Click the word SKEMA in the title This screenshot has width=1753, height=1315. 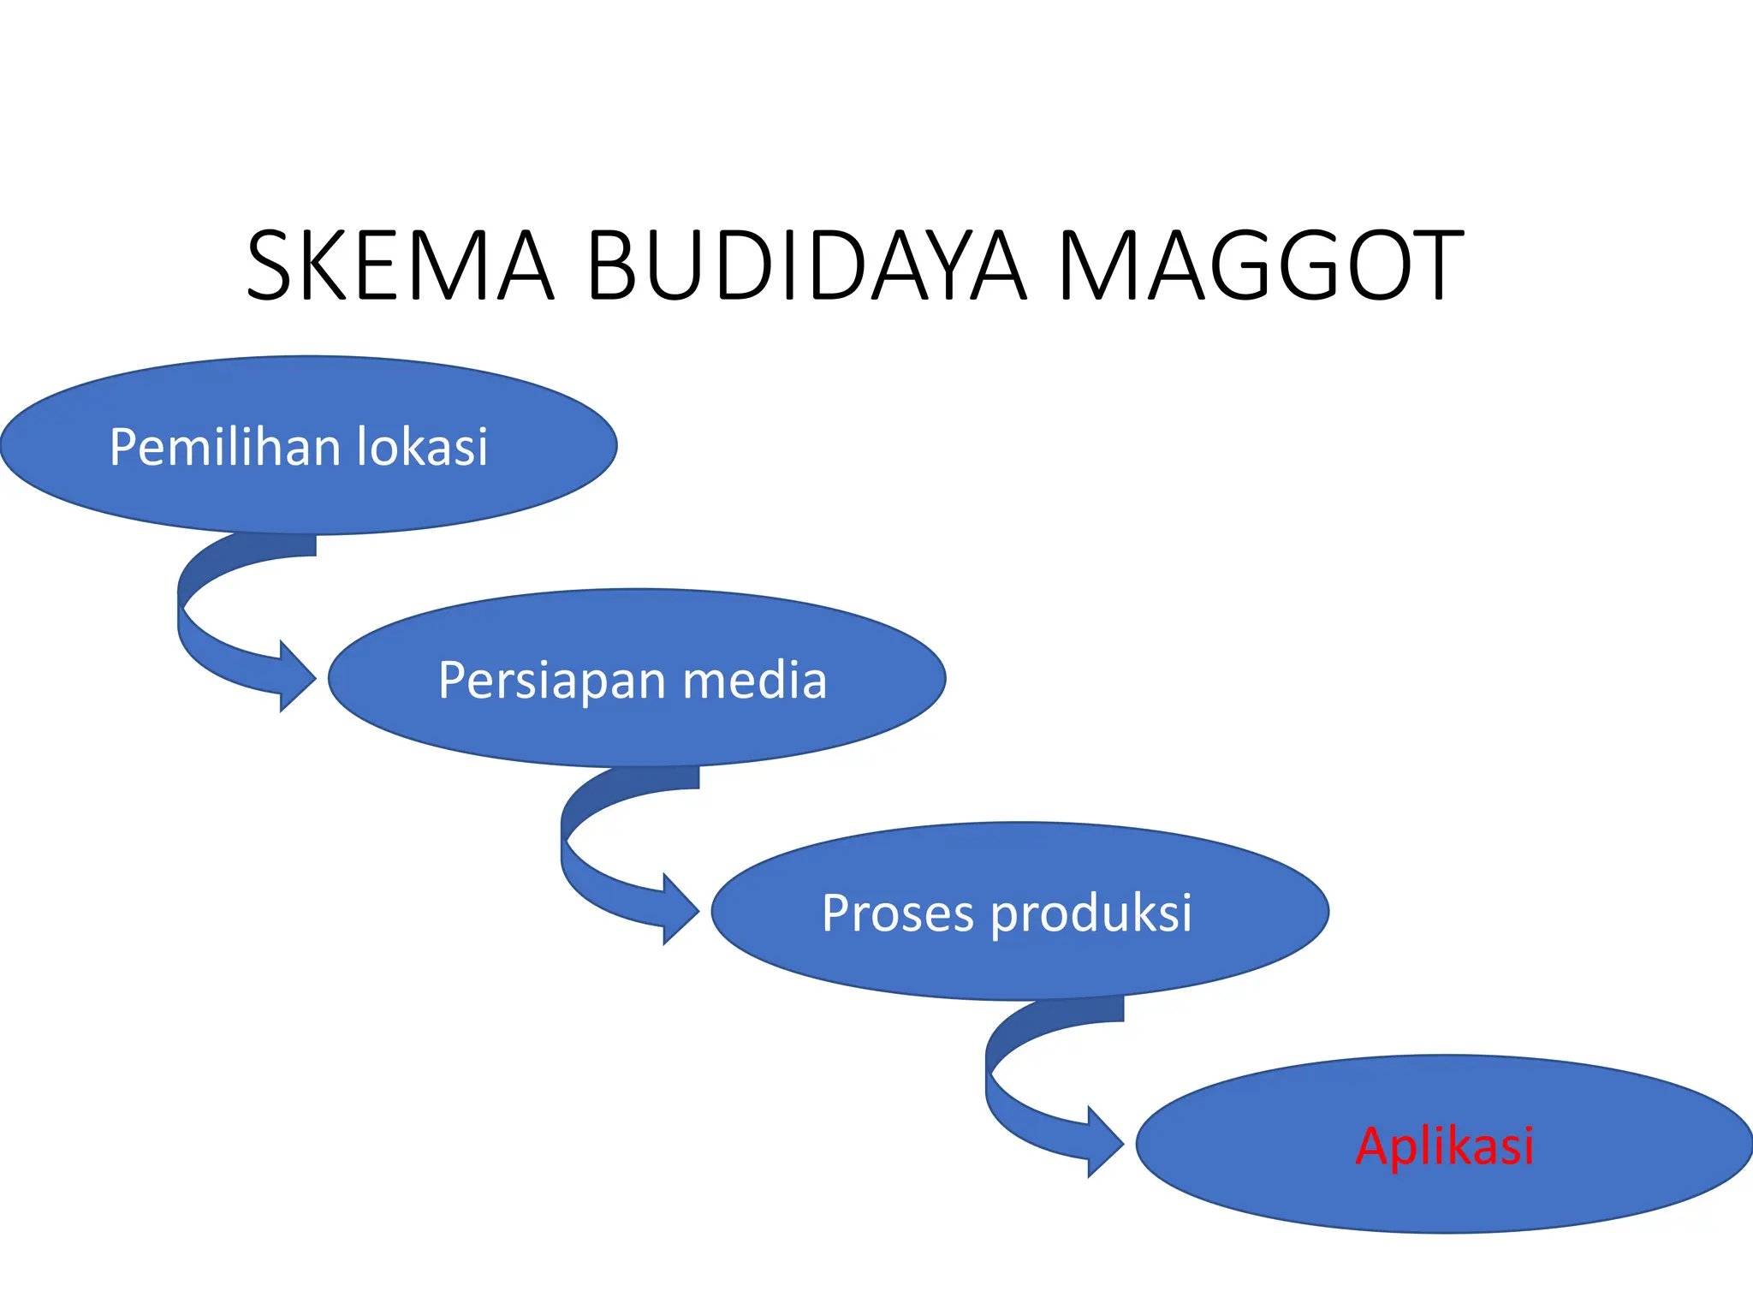coord(400,265)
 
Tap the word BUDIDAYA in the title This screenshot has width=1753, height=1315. coord(805,265)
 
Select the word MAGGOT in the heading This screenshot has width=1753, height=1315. coord(1260,265)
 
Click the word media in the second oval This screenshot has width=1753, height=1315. coord(755,681)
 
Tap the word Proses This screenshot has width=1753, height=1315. coord(897,913)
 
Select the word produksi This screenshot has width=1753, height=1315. coord(1091,913)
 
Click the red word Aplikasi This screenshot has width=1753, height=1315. coord(1445,1145)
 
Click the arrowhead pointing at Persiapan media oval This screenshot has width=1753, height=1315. coord(297,676)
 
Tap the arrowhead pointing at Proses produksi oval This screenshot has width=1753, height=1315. coord(680,909)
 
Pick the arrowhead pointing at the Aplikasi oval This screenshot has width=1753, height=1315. coord(1105,1142)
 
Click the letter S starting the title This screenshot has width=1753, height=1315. coord(270,265)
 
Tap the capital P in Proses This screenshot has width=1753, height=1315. coord(837,913)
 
